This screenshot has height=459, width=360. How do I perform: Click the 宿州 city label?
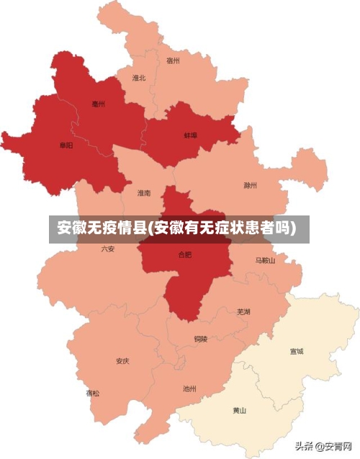tap(173, 61)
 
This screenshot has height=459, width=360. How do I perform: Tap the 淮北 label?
tap(139, 78)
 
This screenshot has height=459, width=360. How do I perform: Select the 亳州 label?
tap(99, 104)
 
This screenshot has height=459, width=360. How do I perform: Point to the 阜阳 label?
tap(66, 146)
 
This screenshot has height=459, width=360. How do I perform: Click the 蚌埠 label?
tap(190, 135)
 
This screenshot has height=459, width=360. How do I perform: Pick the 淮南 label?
tap(144, 193)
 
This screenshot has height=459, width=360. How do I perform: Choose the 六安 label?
tap(108, 249)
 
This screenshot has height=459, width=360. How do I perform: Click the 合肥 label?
tap(185, 255)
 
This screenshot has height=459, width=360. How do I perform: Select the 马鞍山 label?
tap(265, 260)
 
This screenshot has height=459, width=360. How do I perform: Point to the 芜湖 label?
tap(243, 312)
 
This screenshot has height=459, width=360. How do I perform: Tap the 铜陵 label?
tap(200, 338)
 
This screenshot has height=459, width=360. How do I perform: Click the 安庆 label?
tap(122, 360)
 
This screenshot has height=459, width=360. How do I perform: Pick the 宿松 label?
tap(93, 393)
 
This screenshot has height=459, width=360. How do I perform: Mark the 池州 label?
tap(189, 389)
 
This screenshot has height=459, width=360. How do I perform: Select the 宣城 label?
tap(297, 352)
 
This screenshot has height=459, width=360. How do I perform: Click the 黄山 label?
tap(239, 411)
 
